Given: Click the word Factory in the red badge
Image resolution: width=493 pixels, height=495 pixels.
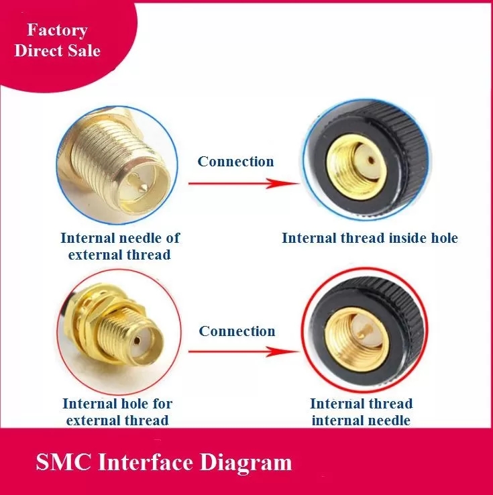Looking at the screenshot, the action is point(57,30).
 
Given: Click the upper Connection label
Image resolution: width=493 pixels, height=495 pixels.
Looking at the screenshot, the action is point(235,162).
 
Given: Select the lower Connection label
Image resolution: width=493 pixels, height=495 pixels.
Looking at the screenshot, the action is point(237,331).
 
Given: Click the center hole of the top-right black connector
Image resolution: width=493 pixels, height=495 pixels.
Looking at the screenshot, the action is point(372,161).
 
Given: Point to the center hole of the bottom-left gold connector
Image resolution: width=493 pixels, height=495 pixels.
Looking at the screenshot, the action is point(137,341).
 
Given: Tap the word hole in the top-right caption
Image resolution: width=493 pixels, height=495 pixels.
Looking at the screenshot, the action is point(444,238).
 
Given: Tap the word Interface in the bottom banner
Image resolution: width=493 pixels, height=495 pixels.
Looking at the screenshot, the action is point(146,462).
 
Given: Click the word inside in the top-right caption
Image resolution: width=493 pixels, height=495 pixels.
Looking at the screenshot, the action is point(408,238).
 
